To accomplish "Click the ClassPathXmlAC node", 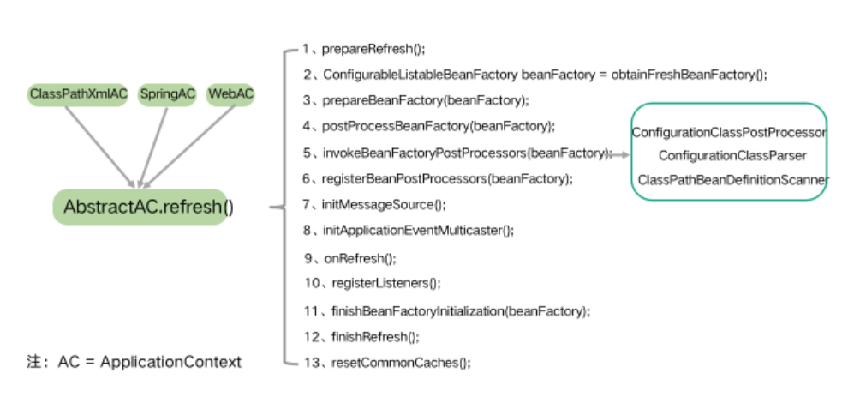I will click(x=78, y=94).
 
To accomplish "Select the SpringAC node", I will click(x=167, y=94).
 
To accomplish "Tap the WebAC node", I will click(x=231, y=94).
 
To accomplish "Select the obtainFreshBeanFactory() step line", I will click(x=534, y=75).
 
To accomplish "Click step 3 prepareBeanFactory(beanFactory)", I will click(x=415, y=100).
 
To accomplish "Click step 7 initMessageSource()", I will click(x=374, y=204).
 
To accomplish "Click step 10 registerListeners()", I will click(x=371, y=283).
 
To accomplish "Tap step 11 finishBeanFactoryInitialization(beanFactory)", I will click(x=445, y=310).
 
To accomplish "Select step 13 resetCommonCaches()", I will click(x=386, y=363).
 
